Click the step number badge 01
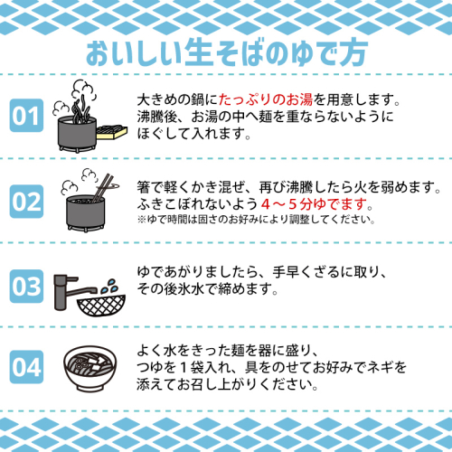point(26,116)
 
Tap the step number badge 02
point(26,202)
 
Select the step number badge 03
point(26,287)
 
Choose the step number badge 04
point(26,367)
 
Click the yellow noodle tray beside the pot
point(112,132)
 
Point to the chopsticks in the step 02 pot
point(102,187)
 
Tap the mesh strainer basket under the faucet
point(101,305)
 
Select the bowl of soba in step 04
point(90,368)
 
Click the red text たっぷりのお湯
point(266,99)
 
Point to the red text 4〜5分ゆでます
point(315,204)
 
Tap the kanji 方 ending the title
point(353,53)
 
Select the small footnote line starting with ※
point(256,220)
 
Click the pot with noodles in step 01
point(77,133)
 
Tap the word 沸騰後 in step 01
point(157,117)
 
